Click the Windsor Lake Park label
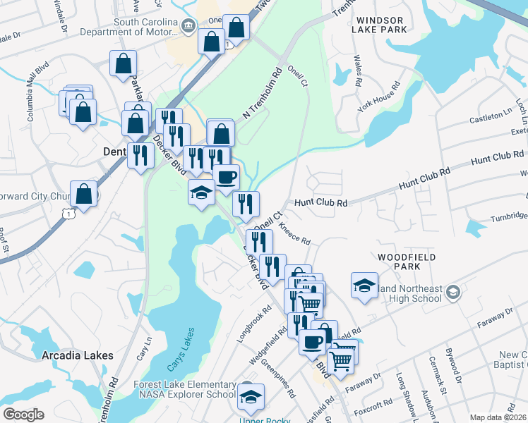tap(381, 25)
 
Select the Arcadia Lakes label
tap(78, 355)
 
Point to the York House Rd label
tap(379, 97)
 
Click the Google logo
tap(23, 415)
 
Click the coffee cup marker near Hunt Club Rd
tap(227, 176)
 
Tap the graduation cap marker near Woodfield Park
tap(364, 286)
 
